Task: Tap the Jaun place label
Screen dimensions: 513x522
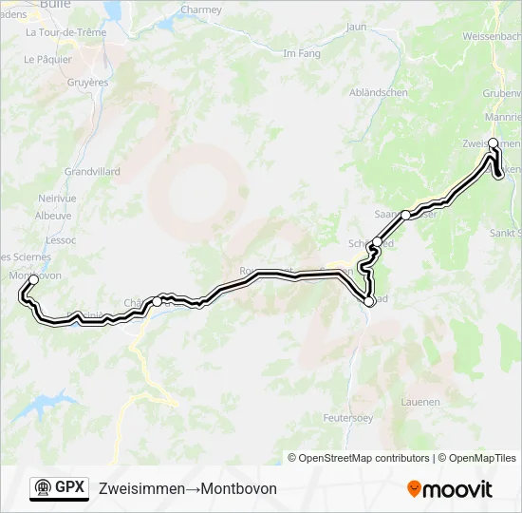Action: coord(357,27)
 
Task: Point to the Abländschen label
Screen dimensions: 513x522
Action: coord(379,92)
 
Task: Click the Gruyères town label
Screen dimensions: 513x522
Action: coord(88,83)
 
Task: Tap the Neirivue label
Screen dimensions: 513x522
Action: coord(57,198)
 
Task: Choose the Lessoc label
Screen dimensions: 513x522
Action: coord(61,240)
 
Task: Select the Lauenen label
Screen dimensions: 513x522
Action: coord(420,402)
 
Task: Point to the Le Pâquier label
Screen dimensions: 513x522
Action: coord(48,59)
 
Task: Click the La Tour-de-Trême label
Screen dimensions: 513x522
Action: coord(66,32)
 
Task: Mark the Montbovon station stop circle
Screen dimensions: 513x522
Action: coord(32,281)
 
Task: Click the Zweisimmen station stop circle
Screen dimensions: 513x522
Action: coord(494,143)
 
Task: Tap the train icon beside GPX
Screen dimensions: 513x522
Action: coord(43,488)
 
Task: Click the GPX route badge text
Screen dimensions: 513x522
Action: coord(69,488)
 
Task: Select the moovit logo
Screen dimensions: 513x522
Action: coord(450,489)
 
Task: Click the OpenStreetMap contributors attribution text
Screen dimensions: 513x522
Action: coord(364,458)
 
